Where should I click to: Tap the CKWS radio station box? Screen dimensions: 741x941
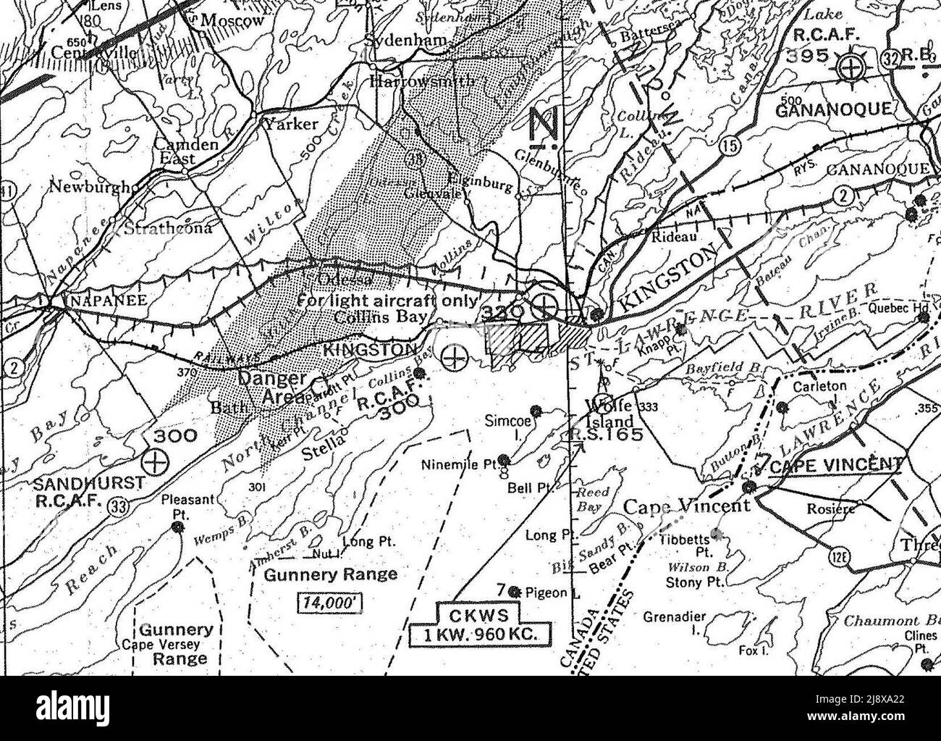[481, 627]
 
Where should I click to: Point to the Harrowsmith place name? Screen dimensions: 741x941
[423, 81]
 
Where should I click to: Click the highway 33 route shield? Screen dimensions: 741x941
[117, 507]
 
